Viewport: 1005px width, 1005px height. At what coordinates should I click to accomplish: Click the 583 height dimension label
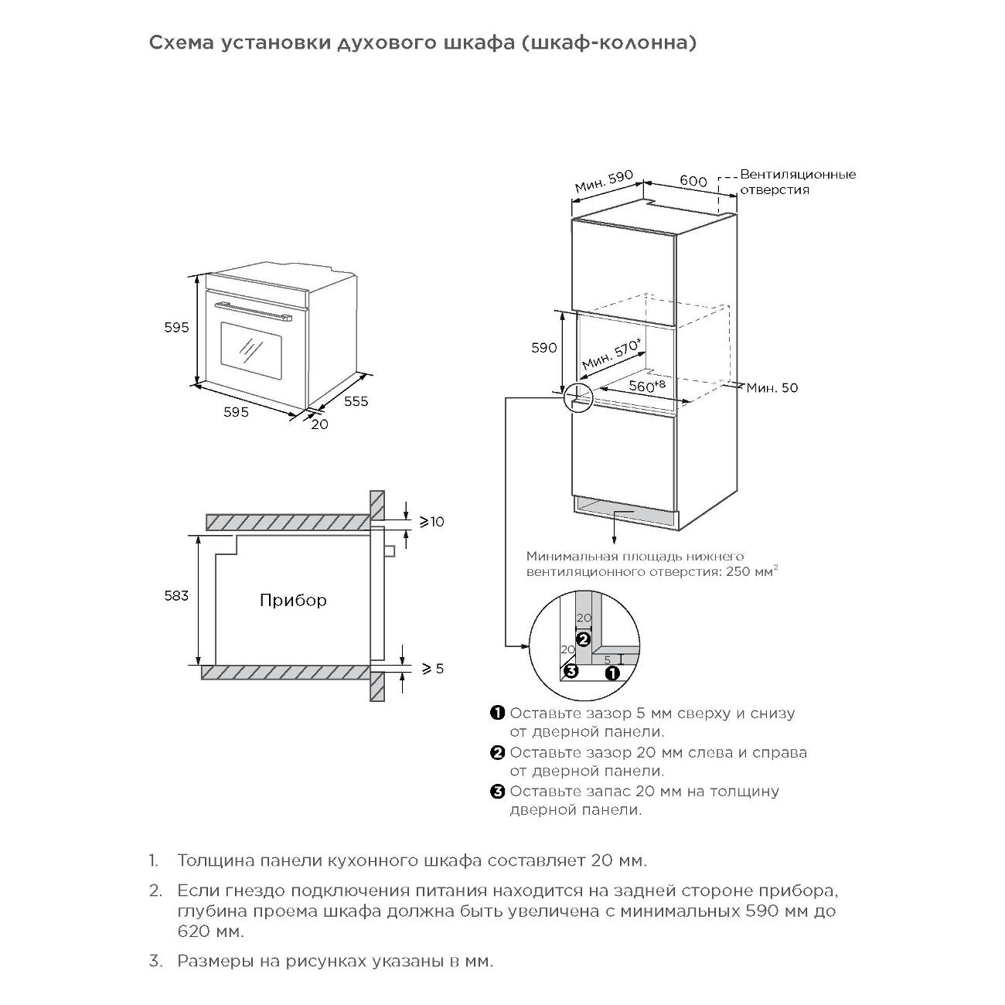(176, 596)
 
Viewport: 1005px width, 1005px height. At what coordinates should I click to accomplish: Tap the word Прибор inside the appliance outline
(293, 600)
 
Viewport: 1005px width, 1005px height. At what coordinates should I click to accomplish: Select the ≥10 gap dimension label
(431, 522)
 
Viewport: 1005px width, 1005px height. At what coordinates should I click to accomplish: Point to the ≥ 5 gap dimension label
(432, 668)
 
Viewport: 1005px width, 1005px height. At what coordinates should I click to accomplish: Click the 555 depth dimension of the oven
(356, 401)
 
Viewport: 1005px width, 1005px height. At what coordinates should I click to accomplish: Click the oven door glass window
(250, 347)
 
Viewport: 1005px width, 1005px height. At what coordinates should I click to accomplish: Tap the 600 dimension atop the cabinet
(693, 181)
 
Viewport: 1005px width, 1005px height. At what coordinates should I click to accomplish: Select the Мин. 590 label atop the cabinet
(604, 182)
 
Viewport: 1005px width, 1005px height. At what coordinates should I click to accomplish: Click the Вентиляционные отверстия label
(798, 182)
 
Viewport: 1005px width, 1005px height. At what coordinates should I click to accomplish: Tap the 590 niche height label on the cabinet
(544, 348)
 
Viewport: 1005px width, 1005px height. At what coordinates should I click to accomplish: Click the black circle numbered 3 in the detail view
(571, 671)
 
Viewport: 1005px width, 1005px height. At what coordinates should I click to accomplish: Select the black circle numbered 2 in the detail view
(584, 639)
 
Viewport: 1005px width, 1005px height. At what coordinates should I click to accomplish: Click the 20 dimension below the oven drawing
(319, 424)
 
